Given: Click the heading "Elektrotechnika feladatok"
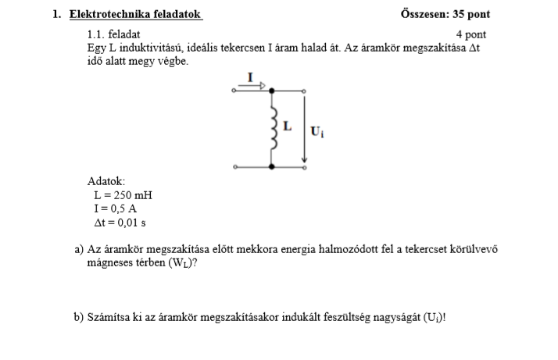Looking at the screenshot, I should click(135, 14).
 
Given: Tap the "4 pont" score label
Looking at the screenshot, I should click(470, 34).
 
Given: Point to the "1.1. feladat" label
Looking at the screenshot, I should click(114, 34).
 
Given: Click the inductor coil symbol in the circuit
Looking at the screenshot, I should click(272, 127).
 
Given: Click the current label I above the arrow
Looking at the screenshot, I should click(250, 76).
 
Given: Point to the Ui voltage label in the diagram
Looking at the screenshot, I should click(317, 131).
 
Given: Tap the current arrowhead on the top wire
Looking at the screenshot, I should click(262, 85).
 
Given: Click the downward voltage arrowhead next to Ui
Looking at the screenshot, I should click(305, 163).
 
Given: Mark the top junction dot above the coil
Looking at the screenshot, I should click(271, 91).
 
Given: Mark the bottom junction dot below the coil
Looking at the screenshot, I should click(271, 166).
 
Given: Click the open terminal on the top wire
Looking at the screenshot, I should click(234, 91).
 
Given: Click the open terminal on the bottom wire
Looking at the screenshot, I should click(234, 166).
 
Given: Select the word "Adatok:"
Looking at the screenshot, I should click(106, 181).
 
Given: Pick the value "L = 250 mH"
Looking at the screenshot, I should click(123, 195).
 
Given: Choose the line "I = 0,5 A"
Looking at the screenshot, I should click(116, 209).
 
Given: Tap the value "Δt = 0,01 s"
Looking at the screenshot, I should click(120, 223).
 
